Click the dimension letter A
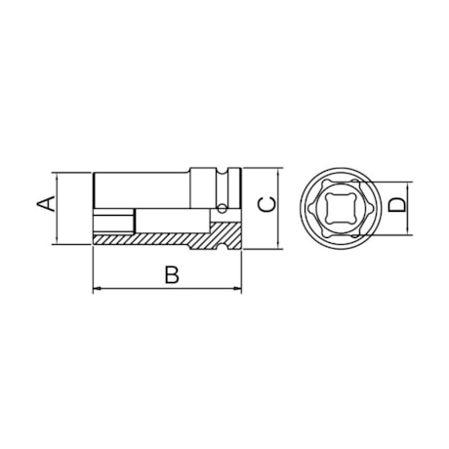43,204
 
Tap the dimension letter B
172,276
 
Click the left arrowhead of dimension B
97,289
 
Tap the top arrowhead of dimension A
60,178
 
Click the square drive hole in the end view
341,206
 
